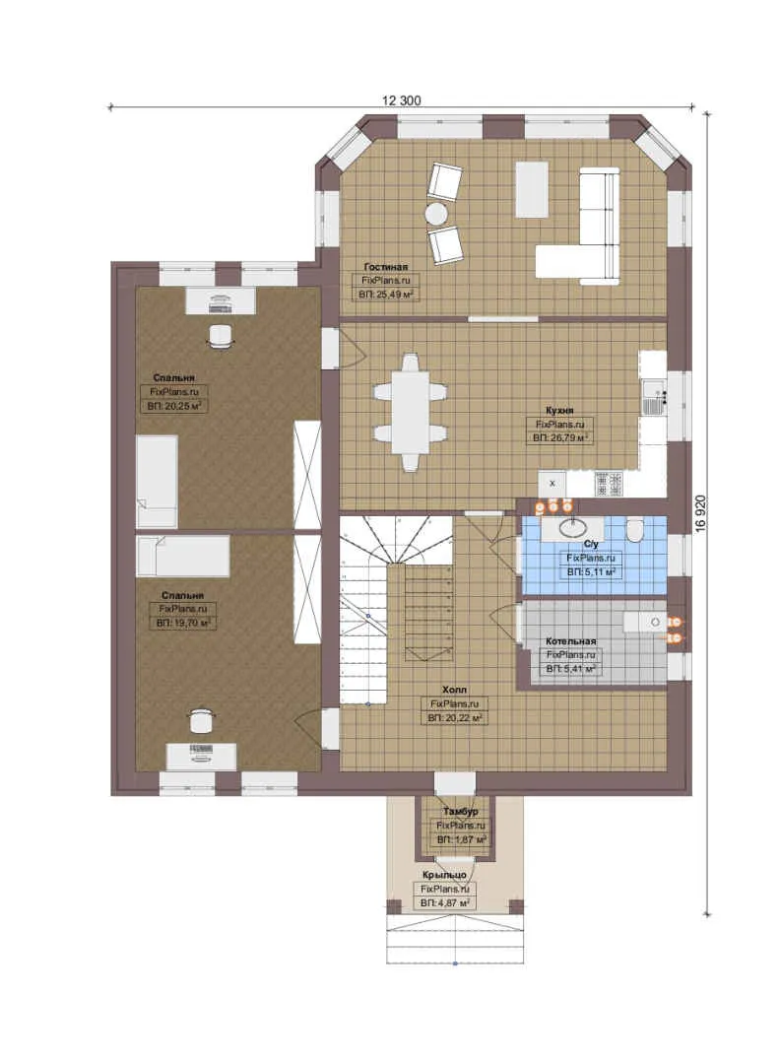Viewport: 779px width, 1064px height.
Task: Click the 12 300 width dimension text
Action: (x=401, y=100)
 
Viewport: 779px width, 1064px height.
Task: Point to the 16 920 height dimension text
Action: (x=701, y=513)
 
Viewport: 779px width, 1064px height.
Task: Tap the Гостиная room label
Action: (x=385, y=267)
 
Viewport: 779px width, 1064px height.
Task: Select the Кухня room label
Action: (x=559, y=411)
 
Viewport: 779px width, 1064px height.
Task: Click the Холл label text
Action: (x=454, y=690)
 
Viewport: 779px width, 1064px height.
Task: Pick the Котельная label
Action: (x=570, y=641)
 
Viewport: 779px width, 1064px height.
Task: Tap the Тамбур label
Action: (x=461, y=812)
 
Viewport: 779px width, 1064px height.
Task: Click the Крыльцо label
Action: (x=444, y=876)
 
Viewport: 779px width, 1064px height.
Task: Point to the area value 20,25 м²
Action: (x=175, y=407)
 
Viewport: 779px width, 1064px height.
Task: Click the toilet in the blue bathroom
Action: (x=635, y=530)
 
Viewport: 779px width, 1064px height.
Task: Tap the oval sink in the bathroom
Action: (x=575, y=526)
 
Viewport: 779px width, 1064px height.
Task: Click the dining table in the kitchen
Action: (x=410, y=412)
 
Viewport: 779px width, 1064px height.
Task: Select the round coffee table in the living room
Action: (x=435, y=215)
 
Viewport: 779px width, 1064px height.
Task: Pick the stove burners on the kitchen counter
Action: (x=609, y=483)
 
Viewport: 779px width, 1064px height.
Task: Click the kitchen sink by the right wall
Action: (x=654, y=398)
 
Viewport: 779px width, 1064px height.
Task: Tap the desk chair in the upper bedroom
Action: (x=220, y=336)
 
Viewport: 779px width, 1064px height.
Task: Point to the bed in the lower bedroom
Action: (x=183, y=557)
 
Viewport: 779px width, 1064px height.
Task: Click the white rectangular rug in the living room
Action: (x=532, y=188)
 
